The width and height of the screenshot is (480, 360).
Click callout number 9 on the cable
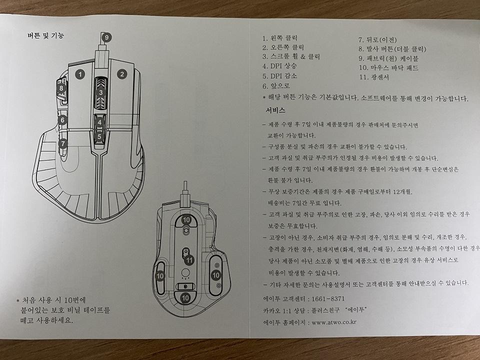tap(106, 37)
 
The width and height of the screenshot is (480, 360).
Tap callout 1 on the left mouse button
tap(79, 74)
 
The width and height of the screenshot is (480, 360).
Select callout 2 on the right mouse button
tap(121, 74)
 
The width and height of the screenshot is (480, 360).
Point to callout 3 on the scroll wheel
tap(100, 92)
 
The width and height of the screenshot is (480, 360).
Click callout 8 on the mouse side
tap(61, 88)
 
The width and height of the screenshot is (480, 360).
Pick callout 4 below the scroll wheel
tap(100, 122)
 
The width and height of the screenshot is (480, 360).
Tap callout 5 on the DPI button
tap(100, 135)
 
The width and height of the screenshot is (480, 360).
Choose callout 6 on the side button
tap(62, 120)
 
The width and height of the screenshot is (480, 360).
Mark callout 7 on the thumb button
tap(62, 143)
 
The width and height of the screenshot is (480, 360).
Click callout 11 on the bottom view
tap(189, 260)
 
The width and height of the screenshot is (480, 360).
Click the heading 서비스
tap(275, 110)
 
